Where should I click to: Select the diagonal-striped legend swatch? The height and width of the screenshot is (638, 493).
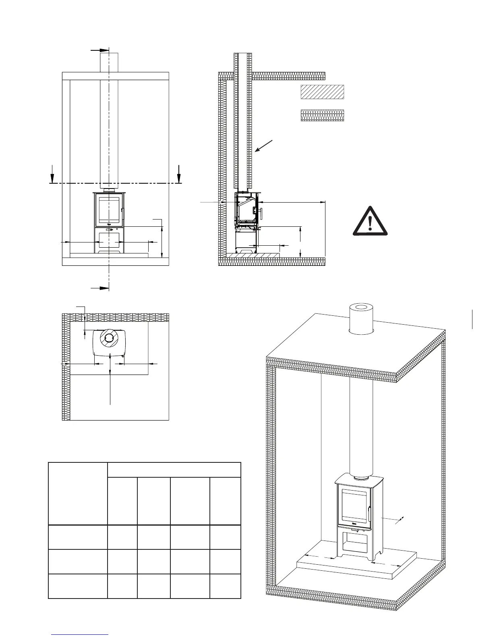pyautogui.click(x=322, y=92)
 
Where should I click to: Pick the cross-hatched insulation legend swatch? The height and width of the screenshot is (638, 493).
pyautogui.click(x=322, y=116)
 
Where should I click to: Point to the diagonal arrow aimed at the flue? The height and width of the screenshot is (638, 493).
pyautogui.click(x=264, y=146)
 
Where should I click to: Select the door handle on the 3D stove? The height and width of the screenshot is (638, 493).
pyautogui.click(x=368, y=514)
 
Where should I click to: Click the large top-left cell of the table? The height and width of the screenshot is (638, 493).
pyautogui.click(x=78, y=494)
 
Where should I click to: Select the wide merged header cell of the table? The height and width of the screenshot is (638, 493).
pyautogui.click(x=174, y=470)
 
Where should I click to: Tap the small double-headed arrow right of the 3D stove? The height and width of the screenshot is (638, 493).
pyautogui.click(x=399, y=520)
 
